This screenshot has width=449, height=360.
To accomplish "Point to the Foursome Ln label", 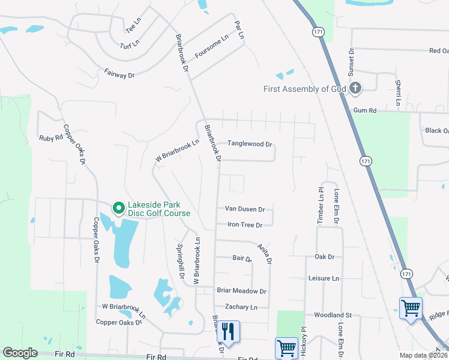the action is click(212, 47).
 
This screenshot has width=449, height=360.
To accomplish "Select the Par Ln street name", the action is click(240, 29).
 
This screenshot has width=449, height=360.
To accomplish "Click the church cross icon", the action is click(355, 89).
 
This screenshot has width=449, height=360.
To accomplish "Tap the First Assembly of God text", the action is click(304, 89).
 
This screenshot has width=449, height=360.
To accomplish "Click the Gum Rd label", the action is click(364, 110).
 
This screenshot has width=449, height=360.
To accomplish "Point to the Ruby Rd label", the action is click(50, 137).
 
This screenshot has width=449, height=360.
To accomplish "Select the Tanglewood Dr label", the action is click(250, 144).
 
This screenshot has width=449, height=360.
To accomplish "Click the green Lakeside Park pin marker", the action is click(118, 208).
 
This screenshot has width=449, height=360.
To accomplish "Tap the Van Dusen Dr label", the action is click(244, 209).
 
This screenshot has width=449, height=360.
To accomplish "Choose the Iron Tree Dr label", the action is click(245, 225).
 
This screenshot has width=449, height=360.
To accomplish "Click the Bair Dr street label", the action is click(241, 258).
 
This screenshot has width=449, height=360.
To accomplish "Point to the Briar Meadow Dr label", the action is click(241, 291).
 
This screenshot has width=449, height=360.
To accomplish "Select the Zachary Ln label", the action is click(241, 307).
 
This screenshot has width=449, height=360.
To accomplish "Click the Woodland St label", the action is click(332, 315).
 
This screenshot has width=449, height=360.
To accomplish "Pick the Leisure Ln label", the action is click(323, 278).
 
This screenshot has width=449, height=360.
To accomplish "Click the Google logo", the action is click(20, 353).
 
